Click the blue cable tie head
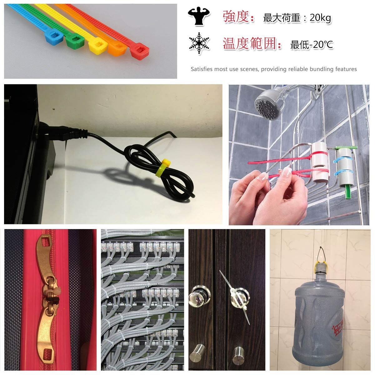click(54, 37)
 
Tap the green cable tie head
click(75, 41)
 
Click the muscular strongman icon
click(199, 16)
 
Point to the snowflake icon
click(199, 43)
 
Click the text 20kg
click(320, 18)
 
